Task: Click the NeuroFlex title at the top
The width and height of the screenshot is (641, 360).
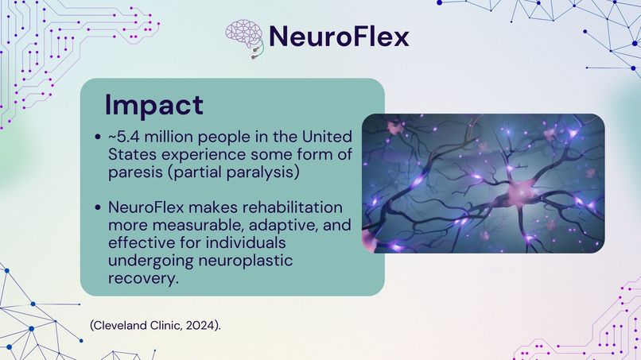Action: point(339,36)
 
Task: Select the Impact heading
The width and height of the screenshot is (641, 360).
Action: point(154,105)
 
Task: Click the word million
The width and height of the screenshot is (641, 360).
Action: point(172,136)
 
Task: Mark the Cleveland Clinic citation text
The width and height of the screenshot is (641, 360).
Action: point(155,325)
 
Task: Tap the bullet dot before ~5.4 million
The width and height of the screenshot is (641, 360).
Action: point(97,137)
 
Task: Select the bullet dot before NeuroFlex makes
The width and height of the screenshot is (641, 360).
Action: point(97,207)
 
